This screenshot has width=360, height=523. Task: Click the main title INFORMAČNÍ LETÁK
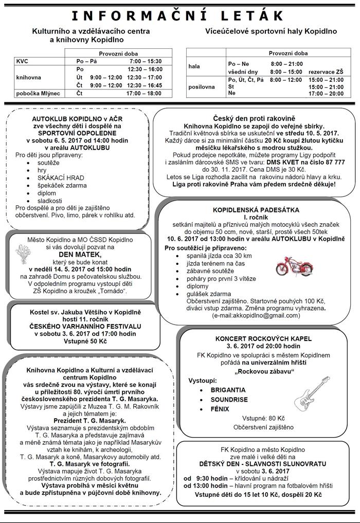pyautogui.click(x=179, y=15)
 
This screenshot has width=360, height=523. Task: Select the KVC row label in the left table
pyautogui.click(x=23, y=61)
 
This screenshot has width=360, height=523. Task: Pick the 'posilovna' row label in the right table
pyautogui.click(x=202, y=87)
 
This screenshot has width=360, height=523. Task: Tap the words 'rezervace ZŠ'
pyautogui.click(x=331, y=71)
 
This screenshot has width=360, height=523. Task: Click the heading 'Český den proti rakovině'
pyautogui.click(x=254, y=118)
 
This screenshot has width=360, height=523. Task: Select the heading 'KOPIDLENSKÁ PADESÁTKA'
pyautogui.click(x=256, y=210)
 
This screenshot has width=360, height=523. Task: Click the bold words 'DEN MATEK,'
pyautogui.click(x=79, y=254)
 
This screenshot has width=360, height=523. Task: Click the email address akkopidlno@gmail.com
pyautogui.click(x=256, y=315)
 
